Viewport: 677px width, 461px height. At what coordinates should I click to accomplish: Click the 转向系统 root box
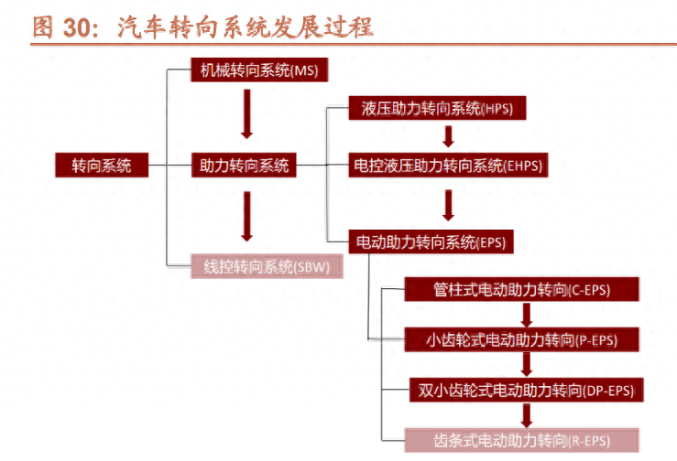point(102,166)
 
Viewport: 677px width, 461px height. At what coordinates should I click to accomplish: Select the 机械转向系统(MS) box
point(245,70)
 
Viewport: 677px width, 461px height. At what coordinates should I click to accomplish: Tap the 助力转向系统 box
point(245,166)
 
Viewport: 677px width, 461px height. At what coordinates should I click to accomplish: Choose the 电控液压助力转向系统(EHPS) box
point(448,166)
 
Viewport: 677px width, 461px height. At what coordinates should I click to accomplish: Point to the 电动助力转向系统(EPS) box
point(431,242)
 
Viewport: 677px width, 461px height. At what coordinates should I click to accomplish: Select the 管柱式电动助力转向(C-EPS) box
point(522,291)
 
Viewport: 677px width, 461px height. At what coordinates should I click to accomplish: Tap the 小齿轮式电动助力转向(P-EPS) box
point(522,340)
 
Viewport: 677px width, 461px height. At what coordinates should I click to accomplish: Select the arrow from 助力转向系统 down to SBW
point(245,215)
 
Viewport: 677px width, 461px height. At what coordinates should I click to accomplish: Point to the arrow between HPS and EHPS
point(448,137)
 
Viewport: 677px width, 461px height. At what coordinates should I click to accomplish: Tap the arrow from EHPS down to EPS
point(448,204)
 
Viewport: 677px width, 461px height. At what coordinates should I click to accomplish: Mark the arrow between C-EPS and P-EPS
point(526,316)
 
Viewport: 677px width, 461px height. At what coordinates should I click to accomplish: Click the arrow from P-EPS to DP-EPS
point(526,365)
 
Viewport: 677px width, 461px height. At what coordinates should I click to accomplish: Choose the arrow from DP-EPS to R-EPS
point(526,415)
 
